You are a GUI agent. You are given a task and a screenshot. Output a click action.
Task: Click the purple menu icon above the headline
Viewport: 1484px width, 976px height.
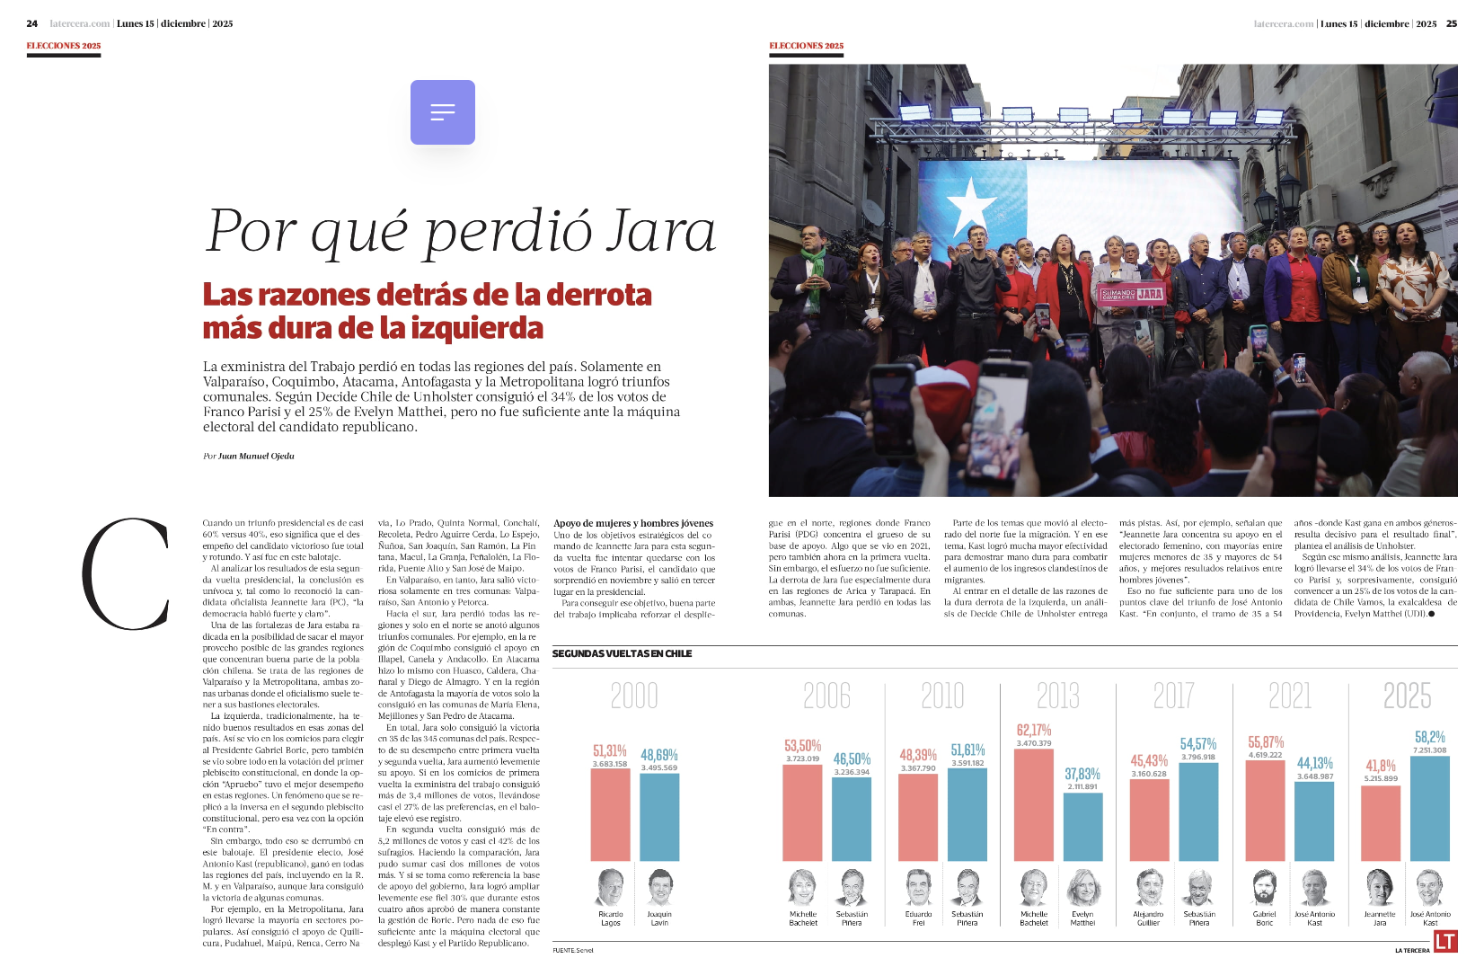coord(442,112)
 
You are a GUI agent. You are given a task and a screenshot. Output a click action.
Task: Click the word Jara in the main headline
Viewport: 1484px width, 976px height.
coord(661,231)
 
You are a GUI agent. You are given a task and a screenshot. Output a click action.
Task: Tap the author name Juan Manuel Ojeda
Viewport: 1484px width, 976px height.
coord(256,457)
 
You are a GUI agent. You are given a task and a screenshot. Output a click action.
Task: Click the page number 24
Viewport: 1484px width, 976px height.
coord(32,24)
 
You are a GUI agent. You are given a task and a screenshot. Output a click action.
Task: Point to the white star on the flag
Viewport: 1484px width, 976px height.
coord(971,206)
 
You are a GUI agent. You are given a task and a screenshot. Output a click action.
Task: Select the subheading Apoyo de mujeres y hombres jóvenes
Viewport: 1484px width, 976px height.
coord(633,523)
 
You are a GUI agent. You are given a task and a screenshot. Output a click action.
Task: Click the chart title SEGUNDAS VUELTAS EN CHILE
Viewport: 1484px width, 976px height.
coord(622,653)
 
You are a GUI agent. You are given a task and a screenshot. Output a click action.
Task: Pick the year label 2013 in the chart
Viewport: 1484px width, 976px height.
coord(1058,696)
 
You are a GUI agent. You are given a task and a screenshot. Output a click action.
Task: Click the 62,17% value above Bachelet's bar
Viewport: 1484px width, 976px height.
coord(1033,731)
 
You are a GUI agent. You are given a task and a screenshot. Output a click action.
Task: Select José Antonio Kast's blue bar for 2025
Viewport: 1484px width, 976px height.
coord(1430,809)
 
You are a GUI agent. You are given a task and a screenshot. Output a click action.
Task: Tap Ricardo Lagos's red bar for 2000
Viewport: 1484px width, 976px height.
coord(610,814)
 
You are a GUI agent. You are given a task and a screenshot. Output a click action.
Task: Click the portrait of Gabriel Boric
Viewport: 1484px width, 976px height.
coord(1264,888)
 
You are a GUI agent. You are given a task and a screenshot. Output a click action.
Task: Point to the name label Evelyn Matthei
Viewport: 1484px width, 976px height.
coord(1082,918)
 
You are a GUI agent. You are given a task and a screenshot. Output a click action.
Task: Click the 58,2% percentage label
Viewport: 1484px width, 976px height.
coord(1430,737)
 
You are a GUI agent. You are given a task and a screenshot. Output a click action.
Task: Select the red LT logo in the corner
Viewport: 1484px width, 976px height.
coord(1445,941)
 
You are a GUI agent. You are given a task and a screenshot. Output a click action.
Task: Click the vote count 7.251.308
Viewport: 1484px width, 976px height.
coord(1430,750)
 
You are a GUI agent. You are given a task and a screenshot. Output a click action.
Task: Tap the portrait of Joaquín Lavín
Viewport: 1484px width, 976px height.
coord(659,888)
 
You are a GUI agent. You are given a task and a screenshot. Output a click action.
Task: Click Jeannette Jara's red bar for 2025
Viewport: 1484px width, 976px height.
coord(1381,823)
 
